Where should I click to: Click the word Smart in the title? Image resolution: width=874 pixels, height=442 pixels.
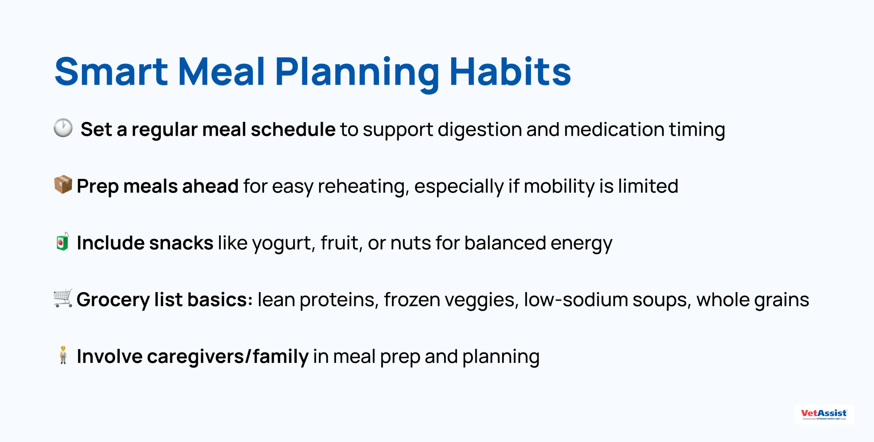coord(111,72)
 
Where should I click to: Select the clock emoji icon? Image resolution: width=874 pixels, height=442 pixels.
coord(63,128)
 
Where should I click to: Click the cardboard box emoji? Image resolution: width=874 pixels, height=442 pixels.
coord(63,185)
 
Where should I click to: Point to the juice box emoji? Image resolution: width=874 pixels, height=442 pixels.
coord(63,241)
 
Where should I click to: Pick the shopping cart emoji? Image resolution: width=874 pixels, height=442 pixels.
coord(63,298)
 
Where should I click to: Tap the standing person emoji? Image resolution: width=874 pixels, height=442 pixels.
coord(63,355)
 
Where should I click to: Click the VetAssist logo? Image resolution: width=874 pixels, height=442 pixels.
coord(824,414)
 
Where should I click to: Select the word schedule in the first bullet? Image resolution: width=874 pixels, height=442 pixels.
coord(293,129)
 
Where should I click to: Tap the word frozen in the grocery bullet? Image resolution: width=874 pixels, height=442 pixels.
coord(412,299)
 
